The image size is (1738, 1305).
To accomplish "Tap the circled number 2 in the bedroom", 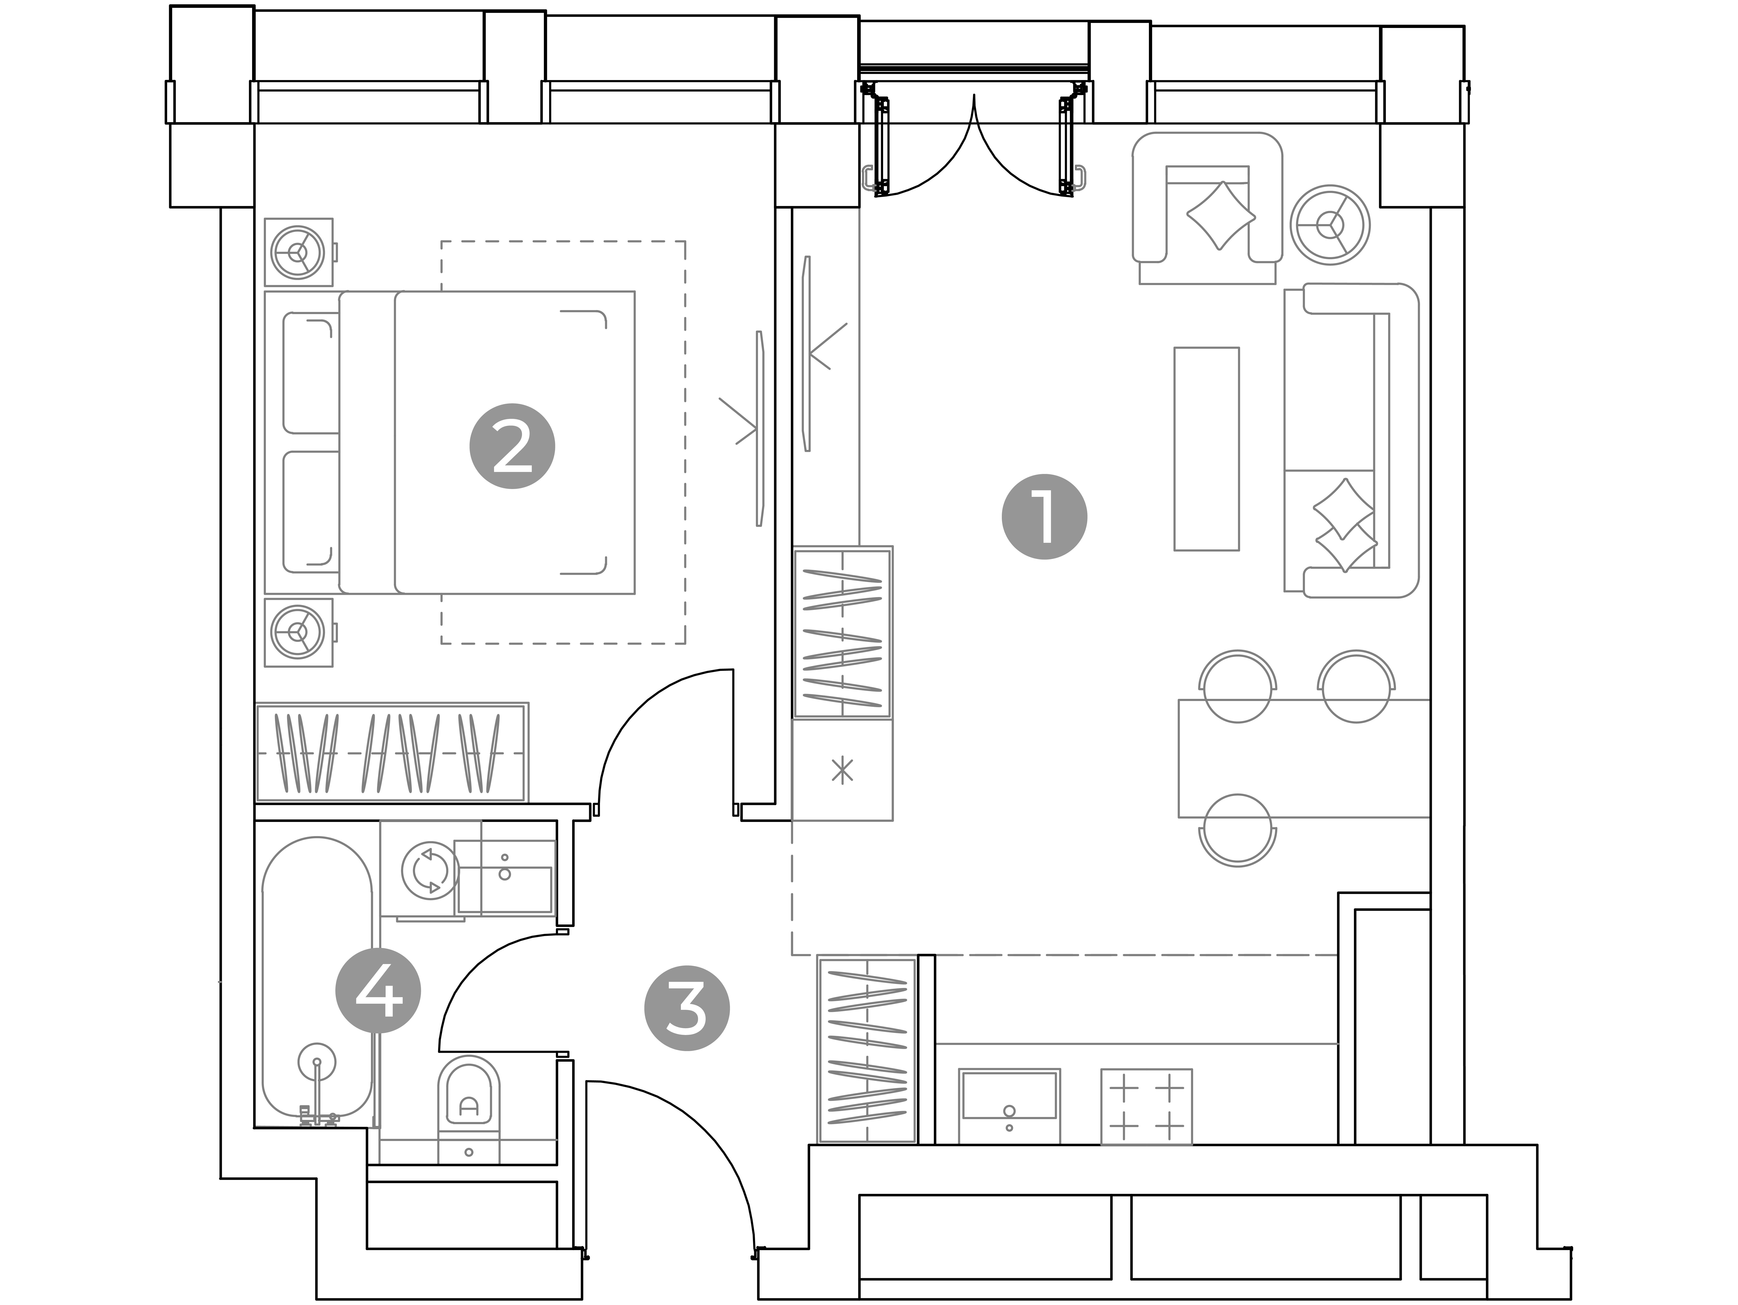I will [x=512, y=446].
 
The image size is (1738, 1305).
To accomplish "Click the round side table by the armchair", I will [x=1329, y=225].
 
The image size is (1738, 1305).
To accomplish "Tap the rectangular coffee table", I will [x=1206, y=449].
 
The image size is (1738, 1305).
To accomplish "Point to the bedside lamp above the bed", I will [x=298, y=252].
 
